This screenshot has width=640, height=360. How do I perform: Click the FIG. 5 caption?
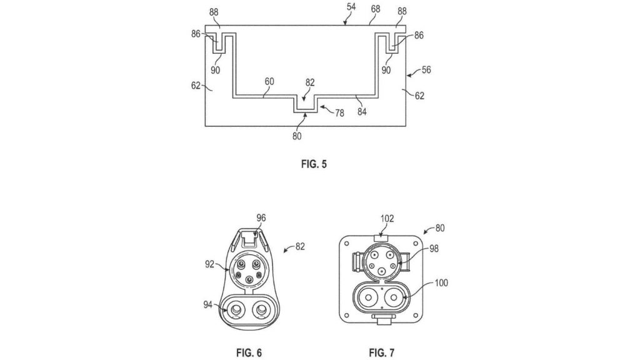(314, 164)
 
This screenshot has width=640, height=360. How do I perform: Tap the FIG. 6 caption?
(249, 352)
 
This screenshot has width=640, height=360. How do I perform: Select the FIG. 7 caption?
(382, 352)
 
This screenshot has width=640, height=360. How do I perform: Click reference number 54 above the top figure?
(351, 6)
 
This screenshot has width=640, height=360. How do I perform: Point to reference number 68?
(376, 9)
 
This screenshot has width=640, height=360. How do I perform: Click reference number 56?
(426, 70)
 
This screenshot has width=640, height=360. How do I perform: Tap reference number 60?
(269, 82)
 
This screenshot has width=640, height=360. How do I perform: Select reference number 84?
(362, 111)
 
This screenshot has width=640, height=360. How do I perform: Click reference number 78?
(339, 113)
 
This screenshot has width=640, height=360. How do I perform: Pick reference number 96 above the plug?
(261, 218)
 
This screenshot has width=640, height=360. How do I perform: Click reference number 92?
(209, 264)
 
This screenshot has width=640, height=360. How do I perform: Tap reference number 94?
(208, 304)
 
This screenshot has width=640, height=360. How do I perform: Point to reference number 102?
(387, 219)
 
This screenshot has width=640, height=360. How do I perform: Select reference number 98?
(434, 248)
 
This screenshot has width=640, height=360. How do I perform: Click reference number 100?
(441, 283)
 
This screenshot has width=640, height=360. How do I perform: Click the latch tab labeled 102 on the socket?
(381, 237)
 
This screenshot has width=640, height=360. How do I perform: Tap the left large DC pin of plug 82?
(236, 311)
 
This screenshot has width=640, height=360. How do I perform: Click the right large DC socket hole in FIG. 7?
(394, 297)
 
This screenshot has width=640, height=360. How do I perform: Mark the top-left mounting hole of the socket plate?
(346, 244)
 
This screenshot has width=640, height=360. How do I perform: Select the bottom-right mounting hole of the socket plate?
(416, 315)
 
